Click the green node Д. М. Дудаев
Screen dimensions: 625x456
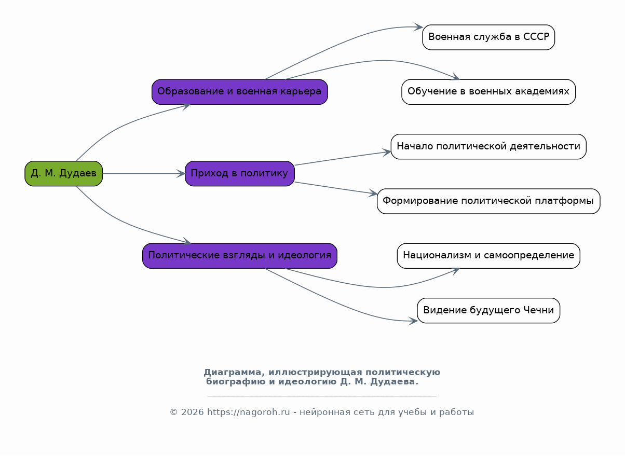[x=64, y=173]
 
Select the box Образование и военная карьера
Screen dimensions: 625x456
[x=240, y=92]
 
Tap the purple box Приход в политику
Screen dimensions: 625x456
[x=240, y=173]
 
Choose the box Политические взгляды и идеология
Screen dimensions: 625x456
[x=240, y=256]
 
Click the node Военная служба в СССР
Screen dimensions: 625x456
[x=488, y=37]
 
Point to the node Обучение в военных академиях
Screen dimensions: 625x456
[x=488, y=92]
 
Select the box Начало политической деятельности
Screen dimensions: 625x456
[x=488, y=146]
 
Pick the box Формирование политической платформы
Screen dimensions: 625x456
[x=488, y=201]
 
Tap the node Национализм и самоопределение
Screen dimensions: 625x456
[x=488, y=256]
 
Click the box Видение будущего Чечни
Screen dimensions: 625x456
[x=488, y=310]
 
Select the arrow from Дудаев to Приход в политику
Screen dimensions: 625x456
[x=144, y=173]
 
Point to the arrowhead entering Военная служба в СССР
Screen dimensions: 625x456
[x=418, y=27]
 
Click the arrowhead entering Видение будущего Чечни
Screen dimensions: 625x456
[x=413, y=321]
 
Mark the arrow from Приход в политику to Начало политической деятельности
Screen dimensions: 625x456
[x=343, y=158]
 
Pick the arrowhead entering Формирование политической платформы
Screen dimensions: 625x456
[x=373, y=193]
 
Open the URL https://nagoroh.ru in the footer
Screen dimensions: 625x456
[x=248, y=412]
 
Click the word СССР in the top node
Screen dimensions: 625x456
[x=536, y=37]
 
